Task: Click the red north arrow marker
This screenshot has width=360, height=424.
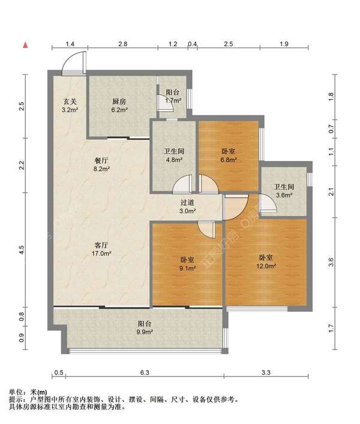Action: point(25,45)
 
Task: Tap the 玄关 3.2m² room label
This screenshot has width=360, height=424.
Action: point(70,106)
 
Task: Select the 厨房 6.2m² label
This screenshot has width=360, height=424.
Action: point(119,106)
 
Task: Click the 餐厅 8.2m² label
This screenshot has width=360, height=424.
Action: point(101,165)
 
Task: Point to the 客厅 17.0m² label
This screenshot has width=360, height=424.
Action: point(101,249)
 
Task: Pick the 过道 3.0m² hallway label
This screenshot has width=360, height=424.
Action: point(187,207)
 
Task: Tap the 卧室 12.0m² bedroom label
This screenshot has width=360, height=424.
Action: point(266,262)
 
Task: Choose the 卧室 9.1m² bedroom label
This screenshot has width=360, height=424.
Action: point(187,264)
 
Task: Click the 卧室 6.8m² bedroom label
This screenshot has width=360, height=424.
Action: point(229,156)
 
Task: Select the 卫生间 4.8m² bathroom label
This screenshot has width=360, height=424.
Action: point(174,155)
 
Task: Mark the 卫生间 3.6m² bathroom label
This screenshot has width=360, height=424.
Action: point(284,190)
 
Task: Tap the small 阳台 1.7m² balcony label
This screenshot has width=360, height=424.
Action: point(173,96)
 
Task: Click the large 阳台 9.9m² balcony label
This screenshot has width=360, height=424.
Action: point(145,328)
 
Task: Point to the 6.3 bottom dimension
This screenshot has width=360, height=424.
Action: point(145,372)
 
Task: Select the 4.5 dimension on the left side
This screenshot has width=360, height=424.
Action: point(22,249)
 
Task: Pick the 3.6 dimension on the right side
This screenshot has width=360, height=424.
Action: point(331,262)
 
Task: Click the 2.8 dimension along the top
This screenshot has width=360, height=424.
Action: point(122,44)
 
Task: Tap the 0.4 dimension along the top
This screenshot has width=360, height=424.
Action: point(192,44)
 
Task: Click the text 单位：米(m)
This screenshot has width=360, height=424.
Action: point(28,392)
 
